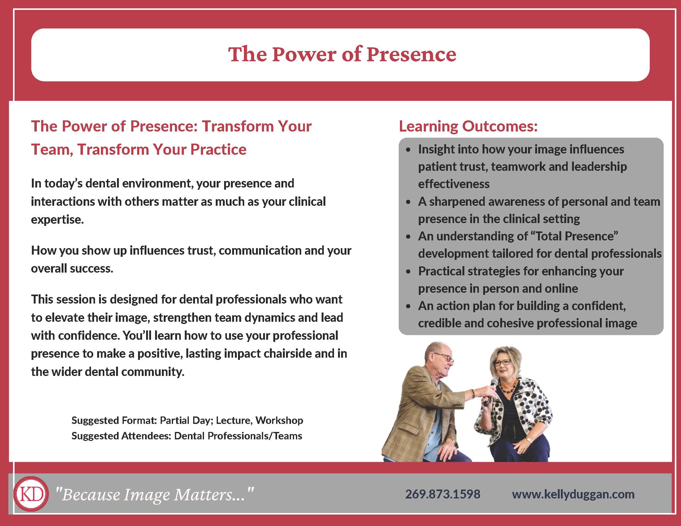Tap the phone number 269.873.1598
(x=442, y=494)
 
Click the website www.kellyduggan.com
(x=573, y=494)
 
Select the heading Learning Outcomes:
(x=468, y=126)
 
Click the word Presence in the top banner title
(x=411, y=54)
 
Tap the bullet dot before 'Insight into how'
(x=409, y=150)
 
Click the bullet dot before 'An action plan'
(x=409, y=307)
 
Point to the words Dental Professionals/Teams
(x=238, y=436)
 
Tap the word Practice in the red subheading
(x=218, y=149)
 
